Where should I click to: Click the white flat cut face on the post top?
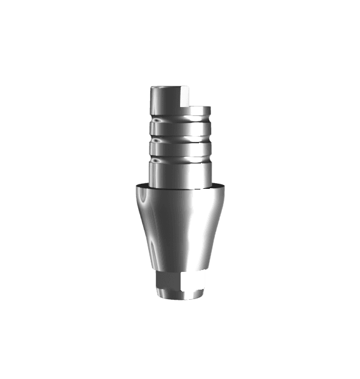[184, 96]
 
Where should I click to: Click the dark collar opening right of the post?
[215, 184]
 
